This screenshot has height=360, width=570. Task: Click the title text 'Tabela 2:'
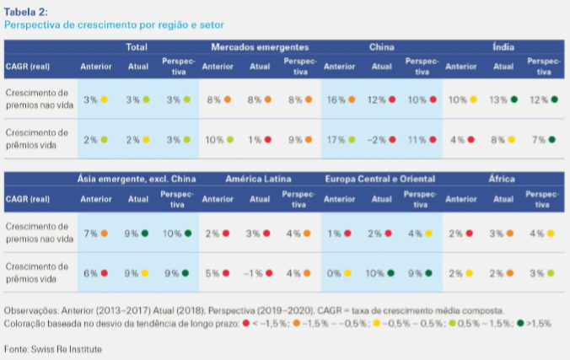26,10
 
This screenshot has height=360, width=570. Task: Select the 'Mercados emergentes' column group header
260,47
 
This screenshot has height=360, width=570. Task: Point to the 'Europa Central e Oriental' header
382,180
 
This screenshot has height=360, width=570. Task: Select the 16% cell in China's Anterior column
336,99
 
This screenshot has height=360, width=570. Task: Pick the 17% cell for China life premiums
336,138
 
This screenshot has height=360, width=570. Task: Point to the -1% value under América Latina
254,272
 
